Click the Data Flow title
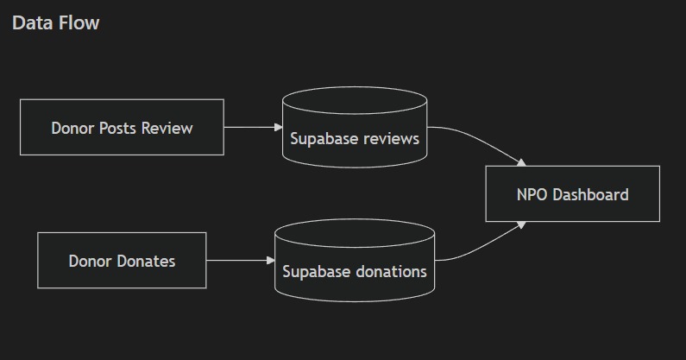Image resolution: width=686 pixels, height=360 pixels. (x=55, y=23)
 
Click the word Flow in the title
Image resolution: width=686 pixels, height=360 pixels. (x=79, y=23)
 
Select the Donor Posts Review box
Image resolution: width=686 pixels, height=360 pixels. (x=122, y=128)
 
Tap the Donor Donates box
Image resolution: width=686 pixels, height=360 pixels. (x=122, y=261)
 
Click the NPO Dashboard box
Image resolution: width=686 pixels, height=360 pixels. (x=572, y=194)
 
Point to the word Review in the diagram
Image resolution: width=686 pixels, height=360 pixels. (x=167, y=129)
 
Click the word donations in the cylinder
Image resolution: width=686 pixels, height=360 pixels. (x=387, y=271)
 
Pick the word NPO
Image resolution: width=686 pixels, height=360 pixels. (x=532, y=194)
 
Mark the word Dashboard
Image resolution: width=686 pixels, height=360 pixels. (x=590, y=194)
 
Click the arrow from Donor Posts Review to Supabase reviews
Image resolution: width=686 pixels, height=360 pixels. (x=252, y=127)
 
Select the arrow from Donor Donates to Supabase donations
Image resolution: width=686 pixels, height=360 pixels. (x=239, y=260)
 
